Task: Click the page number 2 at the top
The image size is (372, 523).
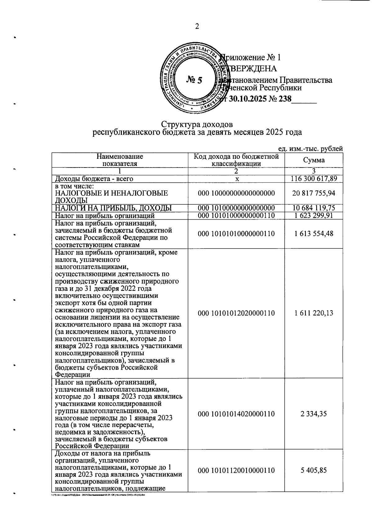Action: point(197,27)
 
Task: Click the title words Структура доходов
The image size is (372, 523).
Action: point(197,124)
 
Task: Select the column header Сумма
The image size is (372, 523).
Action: point(314,160)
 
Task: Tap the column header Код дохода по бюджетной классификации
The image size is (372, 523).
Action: point(236,160)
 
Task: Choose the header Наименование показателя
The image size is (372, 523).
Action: point(120,160)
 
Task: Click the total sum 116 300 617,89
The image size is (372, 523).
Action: point(314,179)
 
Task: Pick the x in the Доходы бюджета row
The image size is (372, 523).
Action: point(237,179)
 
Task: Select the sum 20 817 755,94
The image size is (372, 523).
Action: point(314,193)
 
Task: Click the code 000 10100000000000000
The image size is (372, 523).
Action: point(236,208)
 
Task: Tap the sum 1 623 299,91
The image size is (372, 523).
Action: point(314,215)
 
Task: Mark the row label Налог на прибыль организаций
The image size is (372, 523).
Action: point(105,215)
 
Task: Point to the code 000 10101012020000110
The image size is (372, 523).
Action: point(236,313)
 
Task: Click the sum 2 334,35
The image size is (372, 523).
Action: point(314,414)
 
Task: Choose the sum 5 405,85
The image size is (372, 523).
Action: point(314,470)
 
